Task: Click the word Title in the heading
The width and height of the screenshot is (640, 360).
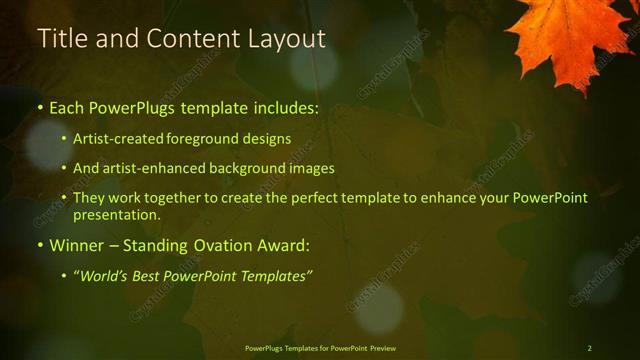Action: (61, 39)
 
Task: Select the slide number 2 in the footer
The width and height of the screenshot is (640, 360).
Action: (589, 348)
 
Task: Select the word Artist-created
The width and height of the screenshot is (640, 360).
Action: (114, 139)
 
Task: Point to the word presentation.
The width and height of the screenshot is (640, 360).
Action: (116, 215)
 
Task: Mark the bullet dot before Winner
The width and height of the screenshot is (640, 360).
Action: (39, 245)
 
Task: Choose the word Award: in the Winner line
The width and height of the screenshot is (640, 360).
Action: (283, 244)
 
